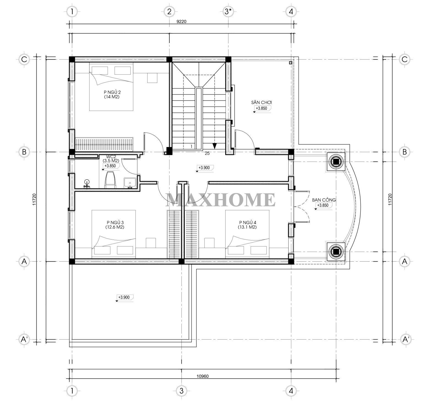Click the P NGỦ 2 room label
coord(112,94)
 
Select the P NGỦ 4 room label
coord(248,225)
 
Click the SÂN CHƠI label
coord(261,102)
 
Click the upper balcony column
coord(335,162)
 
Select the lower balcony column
coord(335,251)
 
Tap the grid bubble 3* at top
coord(228,12)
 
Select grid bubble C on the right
coord(404,59)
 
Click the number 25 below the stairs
coord(207,153)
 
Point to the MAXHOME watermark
coord(220,200)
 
